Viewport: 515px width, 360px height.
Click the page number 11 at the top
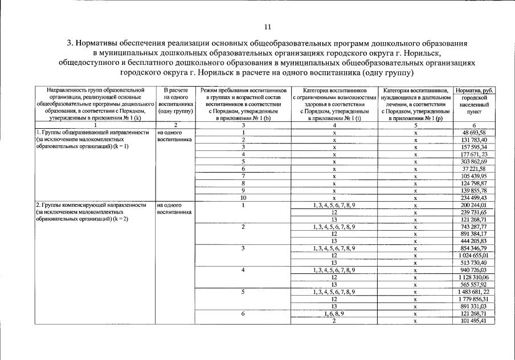268,27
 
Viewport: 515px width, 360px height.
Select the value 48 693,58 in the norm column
474,132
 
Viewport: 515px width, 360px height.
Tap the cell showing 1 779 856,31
473,298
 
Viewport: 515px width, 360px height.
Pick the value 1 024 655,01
473,256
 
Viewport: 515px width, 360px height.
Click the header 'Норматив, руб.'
474,91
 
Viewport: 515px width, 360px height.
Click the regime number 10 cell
243,197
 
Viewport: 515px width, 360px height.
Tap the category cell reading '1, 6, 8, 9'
334,313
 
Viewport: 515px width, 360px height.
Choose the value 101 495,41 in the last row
474,321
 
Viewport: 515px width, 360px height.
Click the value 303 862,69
474,161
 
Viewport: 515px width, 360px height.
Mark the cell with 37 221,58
474,169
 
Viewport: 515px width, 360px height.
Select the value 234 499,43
474,197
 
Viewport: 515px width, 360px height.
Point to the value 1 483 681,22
474,292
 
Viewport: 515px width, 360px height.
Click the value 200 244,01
474,204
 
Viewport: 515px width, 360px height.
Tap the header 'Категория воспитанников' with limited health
334,90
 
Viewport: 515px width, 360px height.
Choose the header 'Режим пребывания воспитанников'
243,90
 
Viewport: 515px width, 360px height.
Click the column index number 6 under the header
474,125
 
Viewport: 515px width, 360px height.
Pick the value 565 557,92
474,284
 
